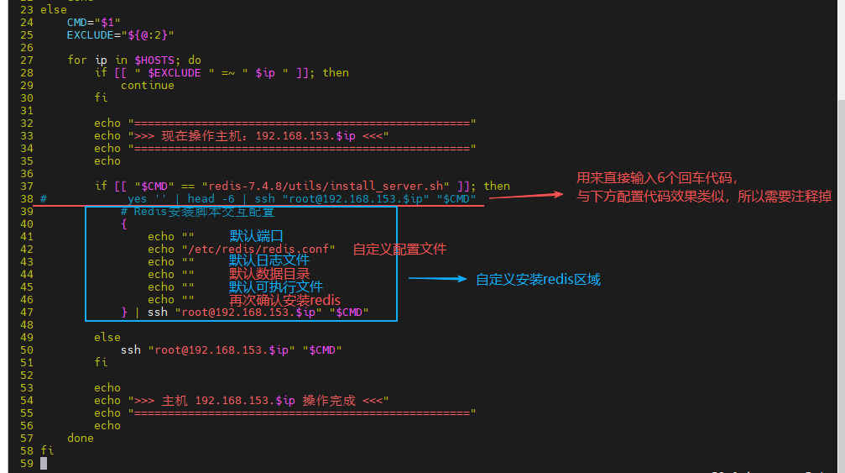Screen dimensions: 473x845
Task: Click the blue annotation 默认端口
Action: [x=257, y=235]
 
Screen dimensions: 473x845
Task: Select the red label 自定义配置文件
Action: [x=399, y=249]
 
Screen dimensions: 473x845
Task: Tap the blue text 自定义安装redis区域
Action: [x=538, y=279]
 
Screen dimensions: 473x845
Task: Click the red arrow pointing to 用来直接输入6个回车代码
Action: [x=526, y=195]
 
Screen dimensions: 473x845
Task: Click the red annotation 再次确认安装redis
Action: [x=284, y=299]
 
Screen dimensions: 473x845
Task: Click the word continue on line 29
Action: [x=148, y=85]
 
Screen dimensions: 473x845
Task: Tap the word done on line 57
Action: [x=81, y=438]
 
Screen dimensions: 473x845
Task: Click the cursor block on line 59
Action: [x=44, y=463]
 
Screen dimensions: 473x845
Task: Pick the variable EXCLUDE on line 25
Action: [x=91, y=34]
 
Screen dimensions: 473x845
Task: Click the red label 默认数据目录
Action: [x=269, y=274]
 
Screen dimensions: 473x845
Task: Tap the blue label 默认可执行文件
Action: [x=275, y=286]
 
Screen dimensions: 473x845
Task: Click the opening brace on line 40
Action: [x=124, y=223]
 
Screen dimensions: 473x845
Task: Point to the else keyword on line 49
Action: [x=107, y=337]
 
